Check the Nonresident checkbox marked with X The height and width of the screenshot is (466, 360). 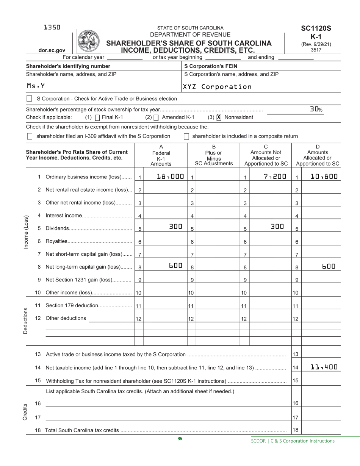tap(219, 117)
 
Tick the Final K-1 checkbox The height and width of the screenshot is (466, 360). tap(97, 117)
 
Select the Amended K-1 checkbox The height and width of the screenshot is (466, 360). tap(156, 117)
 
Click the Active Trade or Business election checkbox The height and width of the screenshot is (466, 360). tap(29, 99)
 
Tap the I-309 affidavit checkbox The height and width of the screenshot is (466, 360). tap(29, 136)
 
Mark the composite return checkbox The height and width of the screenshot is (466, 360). tap(186, 136)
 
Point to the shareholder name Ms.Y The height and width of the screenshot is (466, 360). tap(36, 86)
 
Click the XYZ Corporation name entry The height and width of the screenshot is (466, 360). tap(217, 87)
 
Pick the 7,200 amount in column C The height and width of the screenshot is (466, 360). tap(275, 176)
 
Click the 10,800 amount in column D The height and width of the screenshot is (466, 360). tap(324, 176)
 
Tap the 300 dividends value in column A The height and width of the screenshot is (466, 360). tap(175, 227)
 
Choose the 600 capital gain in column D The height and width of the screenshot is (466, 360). tap(329, 266)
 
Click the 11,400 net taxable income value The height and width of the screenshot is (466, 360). tap(324, 367)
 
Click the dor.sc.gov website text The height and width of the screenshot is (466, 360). tap(52, 50)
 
